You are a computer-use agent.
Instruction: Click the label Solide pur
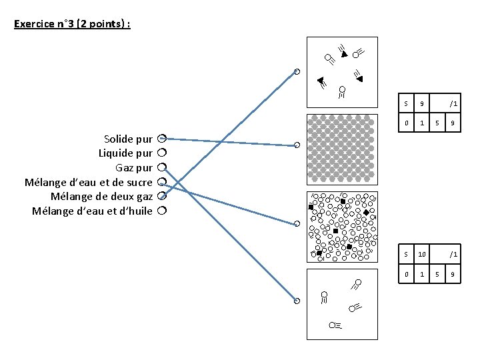[x=128, y=139]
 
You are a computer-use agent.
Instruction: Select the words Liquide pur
[x=125, y=153]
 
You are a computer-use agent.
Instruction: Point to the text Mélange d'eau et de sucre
[x=88, y=182]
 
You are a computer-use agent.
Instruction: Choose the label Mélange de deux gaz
[x=101, y=196]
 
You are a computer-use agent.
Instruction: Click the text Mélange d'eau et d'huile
[x=92, y=211]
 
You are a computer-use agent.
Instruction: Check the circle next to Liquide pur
[x=161, y=153]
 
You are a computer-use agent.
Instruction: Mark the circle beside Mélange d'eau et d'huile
[x=161, y=211]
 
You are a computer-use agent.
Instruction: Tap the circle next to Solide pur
[x=161, y=139]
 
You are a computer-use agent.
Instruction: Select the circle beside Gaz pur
[x=161, y=167]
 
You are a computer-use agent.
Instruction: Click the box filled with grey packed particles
[x=341, y=149]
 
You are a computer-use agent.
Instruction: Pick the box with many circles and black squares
[x=341, y=227]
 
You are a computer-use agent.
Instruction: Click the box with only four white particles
[x=341, y=304]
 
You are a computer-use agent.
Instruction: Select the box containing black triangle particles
[x=341, y=72]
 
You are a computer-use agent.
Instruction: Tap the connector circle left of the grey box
[x=297, y=145]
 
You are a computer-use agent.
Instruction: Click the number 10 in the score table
[x=422, y=254]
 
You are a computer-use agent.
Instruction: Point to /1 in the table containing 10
[x=453, y=254]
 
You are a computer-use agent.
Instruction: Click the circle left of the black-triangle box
[x=297, y=71]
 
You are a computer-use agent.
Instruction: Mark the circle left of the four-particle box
[x=297, y=301]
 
